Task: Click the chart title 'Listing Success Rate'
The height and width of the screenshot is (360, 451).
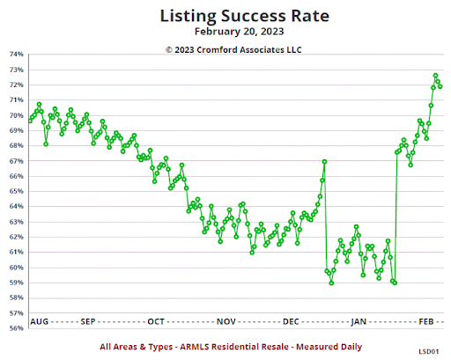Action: pos(230,15)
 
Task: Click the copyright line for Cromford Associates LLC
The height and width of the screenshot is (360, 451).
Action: pos(230,49)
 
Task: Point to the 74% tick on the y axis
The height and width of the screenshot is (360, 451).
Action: pos(17,55)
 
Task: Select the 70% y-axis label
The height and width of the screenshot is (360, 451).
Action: pos(17,115)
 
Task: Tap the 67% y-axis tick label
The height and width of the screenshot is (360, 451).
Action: pos(17,161)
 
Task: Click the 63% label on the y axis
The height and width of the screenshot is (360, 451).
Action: pos(17,222)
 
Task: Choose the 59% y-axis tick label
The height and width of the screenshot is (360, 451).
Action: pos(17,283)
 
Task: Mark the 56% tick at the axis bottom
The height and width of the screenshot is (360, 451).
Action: pos(17,328)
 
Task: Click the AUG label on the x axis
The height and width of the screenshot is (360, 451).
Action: pos(40,322)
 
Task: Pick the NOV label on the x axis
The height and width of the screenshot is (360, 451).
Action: pos(225,322)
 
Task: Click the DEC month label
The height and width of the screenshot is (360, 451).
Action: pos(292,322)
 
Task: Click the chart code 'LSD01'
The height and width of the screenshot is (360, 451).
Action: pos(429,349)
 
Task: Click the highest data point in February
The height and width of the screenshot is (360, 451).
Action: pos(435,76)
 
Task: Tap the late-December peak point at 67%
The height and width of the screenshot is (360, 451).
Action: pos(325,162)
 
